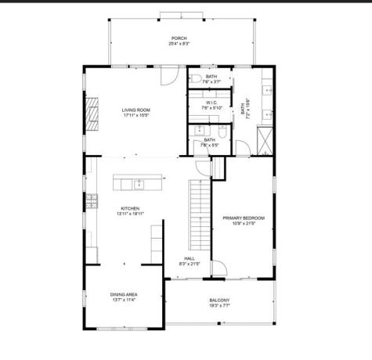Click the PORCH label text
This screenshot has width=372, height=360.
point(179,38)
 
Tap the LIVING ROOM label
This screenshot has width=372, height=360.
point(135,110)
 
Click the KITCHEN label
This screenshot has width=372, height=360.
point(129,208)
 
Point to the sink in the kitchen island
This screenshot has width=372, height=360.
point(139,184)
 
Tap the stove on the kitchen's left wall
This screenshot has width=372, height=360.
point(91,201)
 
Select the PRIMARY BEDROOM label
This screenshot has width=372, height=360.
point(243,218)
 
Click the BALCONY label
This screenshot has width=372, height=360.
point(219,301)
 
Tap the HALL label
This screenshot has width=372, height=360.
point(190,258)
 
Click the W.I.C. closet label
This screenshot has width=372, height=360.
point(211,102)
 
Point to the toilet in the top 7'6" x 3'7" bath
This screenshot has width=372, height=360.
point(196,78)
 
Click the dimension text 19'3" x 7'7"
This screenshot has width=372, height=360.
point(219,307)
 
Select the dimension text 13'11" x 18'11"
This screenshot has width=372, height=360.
point(129,214)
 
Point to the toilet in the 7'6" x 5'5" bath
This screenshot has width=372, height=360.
point(222,130)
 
